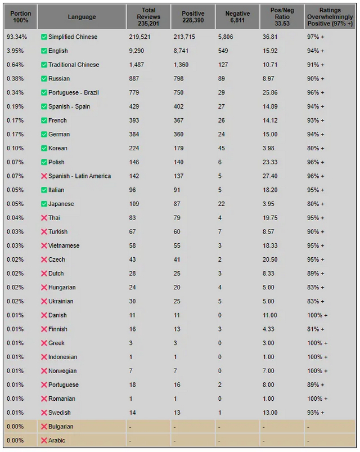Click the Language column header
pos(82,17)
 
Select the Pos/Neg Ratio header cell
pos(282,17)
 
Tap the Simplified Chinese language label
pos(73,37)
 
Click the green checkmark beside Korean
pos(44,148)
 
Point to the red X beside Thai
pos(44,218)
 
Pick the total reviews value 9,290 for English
pos(137,51)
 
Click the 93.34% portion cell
pos(17,37)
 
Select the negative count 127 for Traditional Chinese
pos(223,65)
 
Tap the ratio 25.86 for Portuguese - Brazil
pos(270,92)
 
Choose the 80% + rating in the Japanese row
pos(316,204)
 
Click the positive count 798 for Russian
pos(178,79)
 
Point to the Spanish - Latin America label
pos(79,176)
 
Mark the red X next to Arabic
pos(44,440)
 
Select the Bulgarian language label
pos(61,426)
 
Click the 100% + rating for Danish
pos(317,315)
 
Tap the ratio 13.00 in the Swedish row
pos(270,413)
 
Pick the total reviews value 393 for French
pos(134,120)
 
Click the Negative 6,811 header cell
pos(237,17)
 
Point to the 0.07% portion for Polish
pos(15,162)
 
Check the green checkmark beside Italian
pos(44,190)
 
